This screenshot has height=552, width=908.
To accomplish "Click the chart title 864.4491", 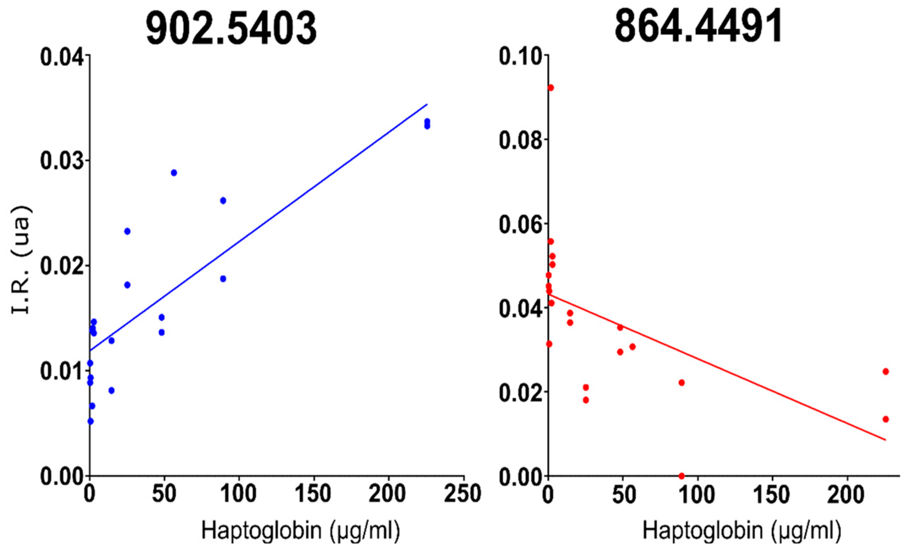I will (x=698, y=26).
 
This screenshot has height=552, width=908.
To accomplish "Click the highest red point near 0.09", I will (x=550, y=88).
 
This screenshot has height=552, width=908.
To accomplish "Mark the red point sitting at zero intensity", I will (x=681, y=476).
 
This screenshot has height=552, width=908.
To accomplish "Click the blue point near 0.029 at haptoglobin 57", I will (x=174, y=173).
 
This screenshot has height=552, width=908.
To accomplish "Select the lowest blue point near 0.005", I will (x=90, y=421).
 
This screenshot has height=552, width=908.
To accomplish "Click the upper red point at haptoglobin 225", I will (x=885, y=371).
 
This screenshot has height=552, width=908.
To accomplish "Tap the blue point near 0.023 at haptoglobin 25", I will (x=127, y=231).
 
